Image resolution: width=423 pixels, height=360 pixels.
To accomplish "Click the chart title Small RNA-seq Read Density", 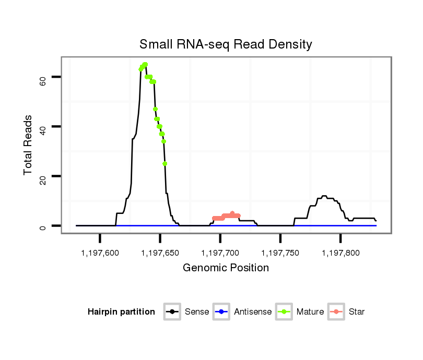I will click(226, 44).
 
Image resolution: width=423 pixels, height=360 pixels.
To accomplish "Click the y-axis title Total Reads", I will click(28, 145).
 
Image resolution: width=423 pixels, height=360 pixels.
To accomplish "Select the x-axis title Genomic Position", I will click(226, 268).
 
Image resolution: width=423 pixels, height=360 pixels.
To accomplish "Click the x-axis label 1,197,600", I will click(100, 253).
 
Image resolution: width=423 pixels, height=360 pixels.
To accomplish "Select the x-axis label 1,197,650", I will click(160, 253).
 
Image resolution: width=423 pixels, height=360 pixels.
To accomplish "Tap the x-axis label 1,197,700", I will click(220, 253).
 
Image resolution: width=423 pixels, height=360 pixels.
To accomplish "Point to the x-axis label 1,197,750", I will click(280, 253).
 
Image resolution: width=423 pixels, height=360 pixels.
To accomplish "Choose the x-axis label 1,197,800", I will click(340, 253).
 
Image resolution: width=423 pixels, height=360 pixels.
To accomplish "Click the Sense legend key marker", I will click(172, 312).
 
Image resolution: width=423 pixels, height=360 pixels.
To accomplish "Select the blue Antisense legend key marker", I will click(222, 312).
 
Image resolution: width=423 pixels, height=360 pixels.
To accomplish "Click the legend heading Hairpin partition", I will click(121, 312).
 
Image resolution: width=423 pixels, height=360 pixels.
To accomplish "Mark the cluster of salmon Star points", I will click(226, 216).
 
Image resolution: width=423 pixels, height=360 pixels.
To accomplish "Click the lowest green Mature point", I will click(165, 164).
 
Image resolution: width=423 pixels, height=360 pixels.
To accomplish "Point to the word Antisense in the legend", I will click(253, 312).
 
